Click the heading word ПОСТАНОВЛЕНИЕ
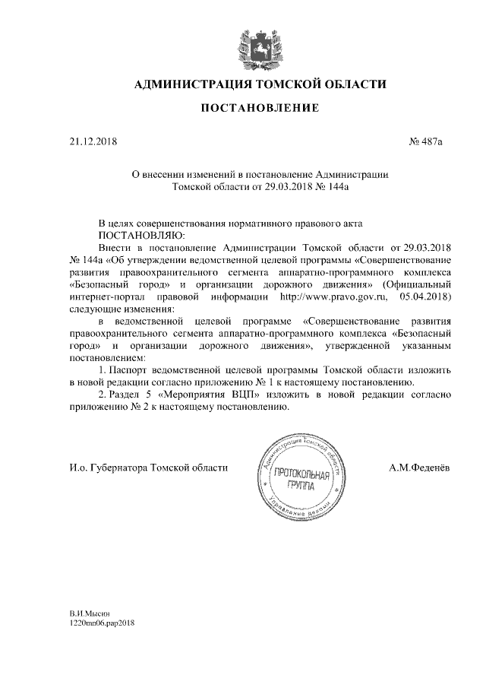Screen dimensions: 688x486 click(x=259, y=109)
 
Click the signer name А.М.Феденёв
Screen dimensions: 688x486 click(x=418, y=468)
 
